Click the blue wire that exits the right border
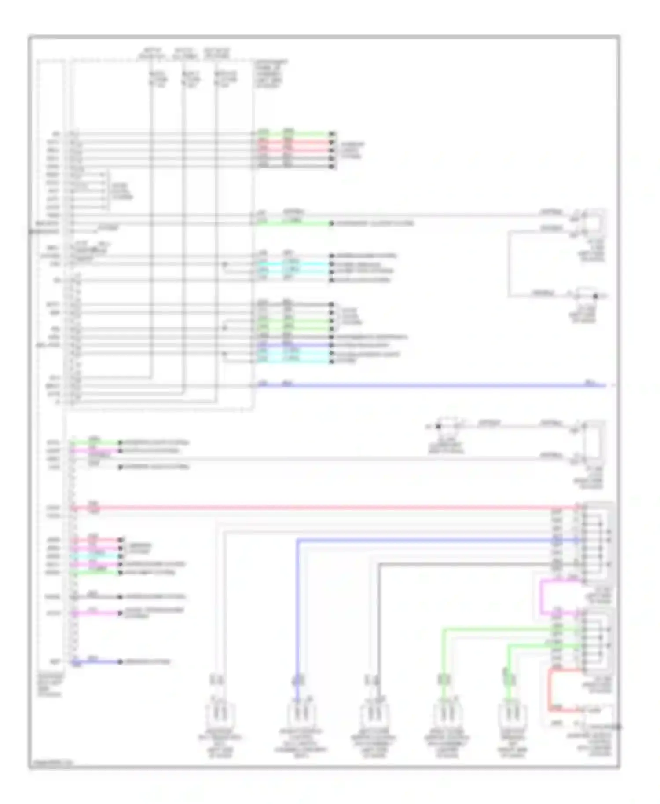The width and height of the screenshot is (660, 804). [440, 386]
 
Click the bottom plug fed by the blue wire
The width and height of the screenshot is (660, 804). [297, 715]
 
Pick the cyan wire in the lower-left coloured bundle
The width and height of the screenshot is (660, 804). [97, 556]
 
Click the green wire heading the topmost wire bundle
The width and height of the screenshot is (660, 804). [295, 134]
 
